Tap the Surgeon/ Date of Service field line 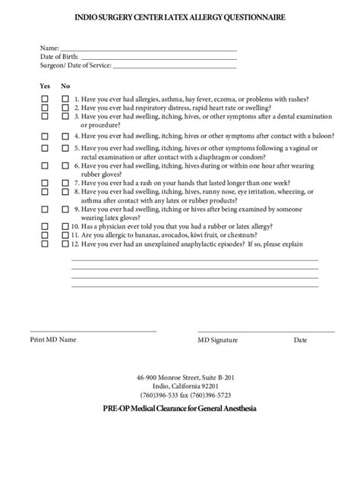click(174, 65)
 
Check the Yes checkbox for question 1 click(45, 99)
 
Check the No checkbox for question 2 click(65, 108)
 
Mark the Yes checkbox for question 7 click(45, 183)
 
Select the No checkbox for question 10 click(65, 226)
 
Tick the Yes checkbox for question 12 click(45, 244)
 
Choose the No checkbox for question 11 click(65, 235)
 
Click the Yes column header click(45, 86)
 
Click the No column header click(65, 86)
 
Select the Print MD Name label click(53, 340)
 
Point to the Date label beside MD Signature click(301, 340)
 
